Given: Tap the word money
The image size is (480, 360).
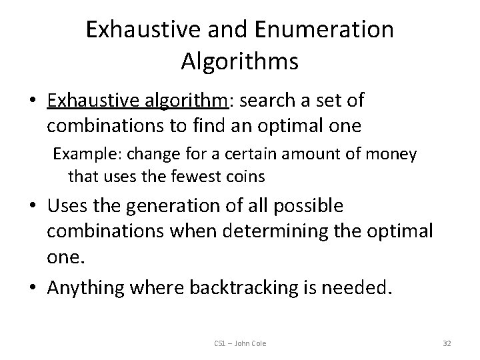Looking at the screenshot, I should [x=393, y=155].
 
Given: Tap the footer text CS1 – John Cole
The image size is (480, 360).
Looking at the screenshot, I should [x=240, y=343].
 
